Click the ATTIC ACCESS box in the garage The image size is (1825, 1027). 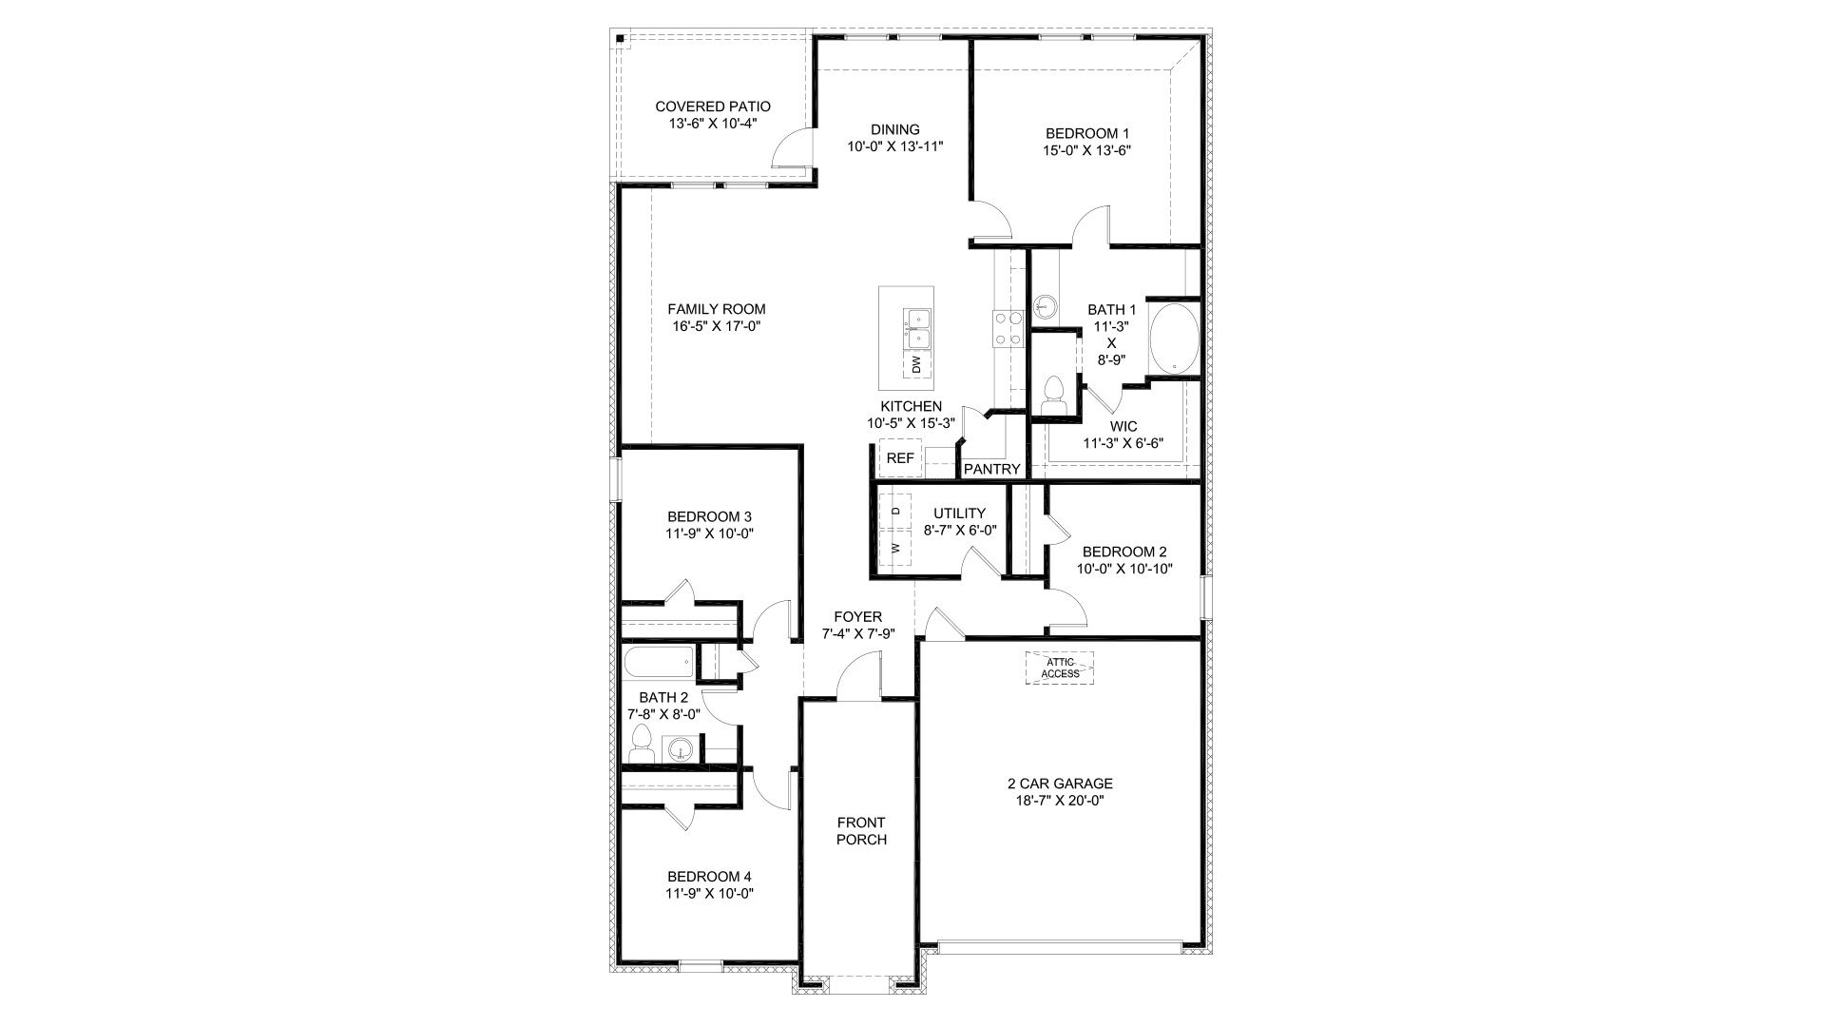[1059, 668]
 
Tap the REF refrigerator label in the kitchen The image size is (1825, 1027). [899, 458]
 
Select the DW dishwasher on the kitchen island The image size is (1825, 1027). [916, 364]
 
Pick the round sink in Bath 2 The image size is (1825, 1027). [681, 749]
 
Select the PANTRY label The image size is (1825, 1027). [991, 469]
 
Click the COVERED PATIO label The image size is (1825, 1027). [712, 107]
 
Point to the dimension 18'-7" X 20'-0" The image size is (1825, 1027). [1060, 801]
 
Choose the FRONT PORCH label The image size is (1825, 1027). [861, 831]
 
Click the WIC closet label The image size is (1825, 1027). [1123, 426]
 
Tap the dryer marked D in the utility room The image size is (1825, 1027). [894, 512]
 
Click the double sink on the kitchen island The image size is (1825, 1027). [918, 328]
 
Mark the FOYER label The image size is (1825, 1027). [857, 617]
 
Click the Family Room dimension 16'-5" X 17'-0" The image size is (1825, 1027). [716, 326]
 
